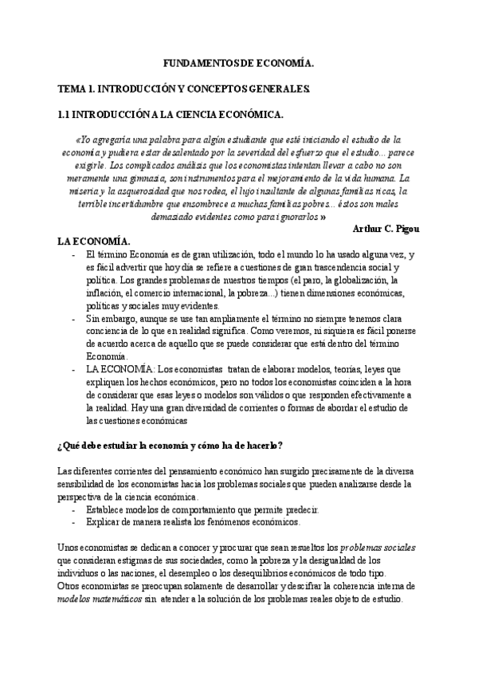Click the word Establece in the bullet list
[108, 509]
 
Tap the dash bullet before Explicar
[75, 522]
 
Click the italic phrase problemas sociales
[378, 548]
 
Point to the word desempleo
[223, 573]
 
